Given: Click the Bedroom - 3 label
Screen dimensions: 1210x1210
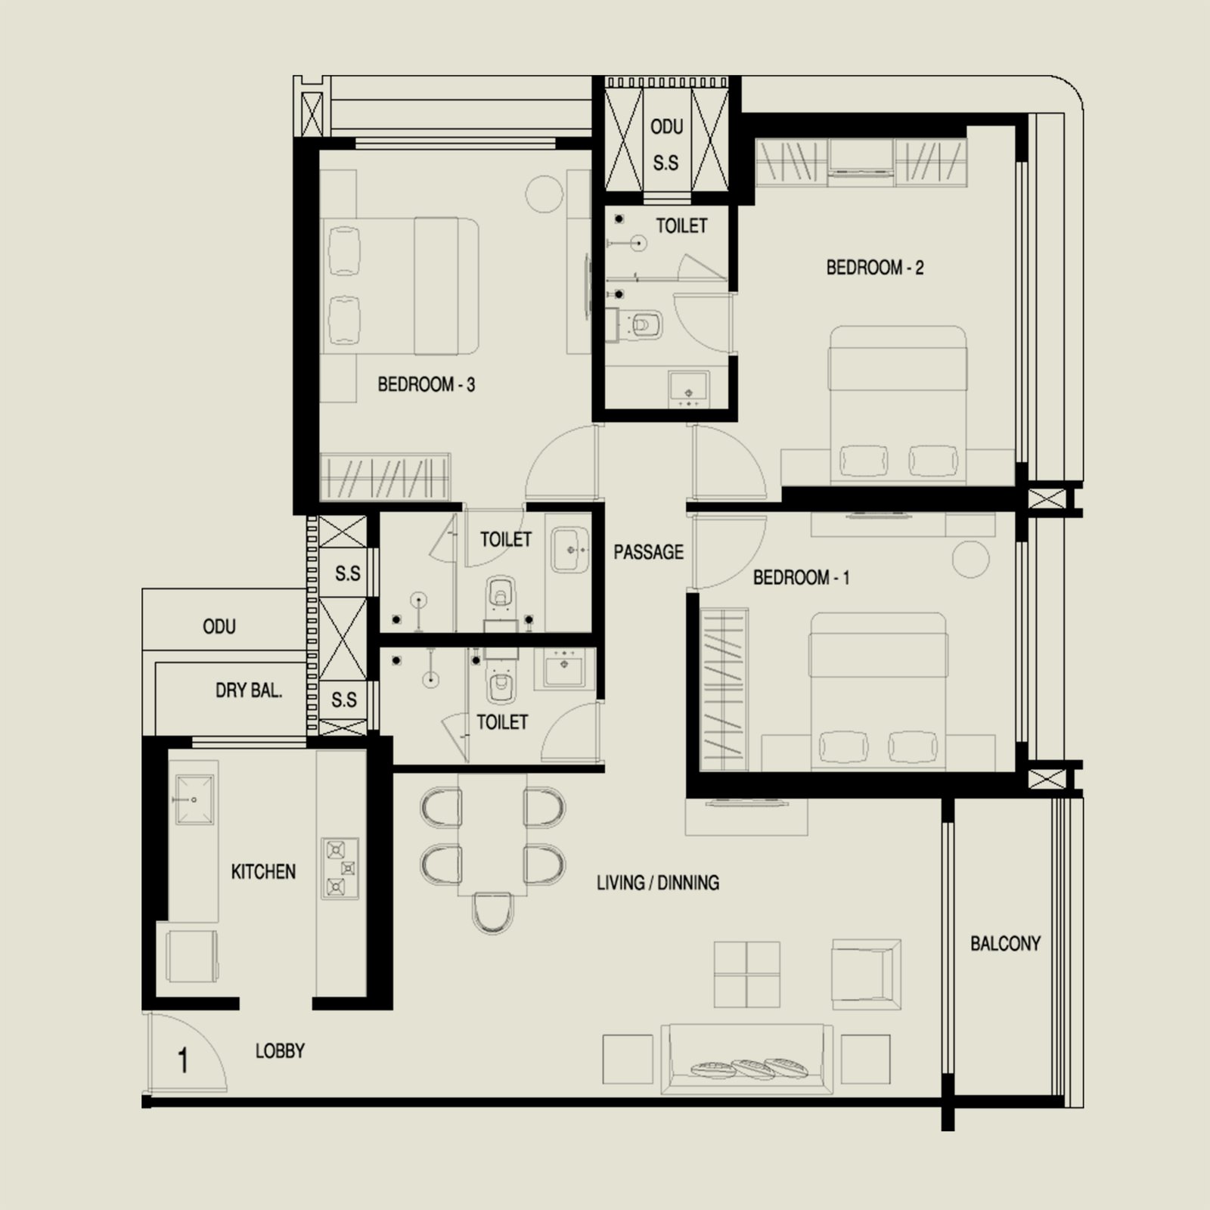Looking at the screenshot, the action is tap(426, 385).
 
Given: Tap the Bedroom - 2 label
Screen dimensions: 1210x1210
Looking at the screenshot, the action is tap(874, 268).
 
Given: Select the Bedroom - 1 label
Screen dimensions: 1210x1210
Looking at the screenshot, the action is tap(801, 578).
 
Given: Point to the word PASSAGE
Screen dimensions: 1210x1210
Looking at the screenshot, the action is tap(648, 552).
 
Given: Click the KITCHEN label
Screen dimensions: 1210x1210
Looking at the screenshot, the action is tap(263, 872).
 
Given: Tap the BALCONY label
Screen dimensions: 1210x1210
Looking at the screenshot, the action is tap(1005, 943).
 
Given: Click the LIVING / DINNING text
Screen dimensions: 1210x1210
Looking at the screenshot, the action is tap(657, 883).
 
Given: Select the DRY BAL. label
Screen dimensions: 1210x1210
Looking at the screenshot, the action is tap(249, 690).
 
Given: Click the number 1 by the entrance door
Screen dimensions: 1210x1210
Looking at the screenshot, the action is tap(182, 1060).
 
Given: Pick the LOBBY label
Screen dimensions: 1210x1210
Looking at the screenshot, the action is tap(280, 1051).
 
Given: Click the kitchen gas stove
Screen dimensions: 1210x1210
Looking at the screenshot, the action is tap(340, 868).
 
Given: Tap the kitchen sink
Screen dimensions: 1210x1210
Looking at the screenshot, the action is tap(194, 799).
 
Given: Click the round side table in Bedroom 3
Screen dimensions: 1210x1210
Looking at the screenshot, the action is tap(544, 194).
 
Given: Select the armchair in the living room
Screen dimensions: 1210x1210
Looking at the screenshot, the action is tap(866, 974).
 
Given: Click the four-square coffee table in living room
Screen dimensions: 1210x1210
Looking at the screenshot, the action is tap(746, 975).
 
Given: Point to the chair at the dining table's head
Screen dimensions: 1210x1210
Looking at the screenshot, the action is tap(492, 914).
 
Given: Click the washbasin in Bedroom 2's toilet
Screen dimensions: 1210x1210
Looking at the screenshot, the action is tap(688, 389).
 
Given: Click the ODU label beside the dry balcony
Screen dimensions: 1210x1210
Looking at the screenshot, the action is tap(219, 627).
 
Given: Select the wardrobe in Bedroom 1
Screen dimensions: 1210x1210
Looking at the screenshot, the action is tap(724, 689).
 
